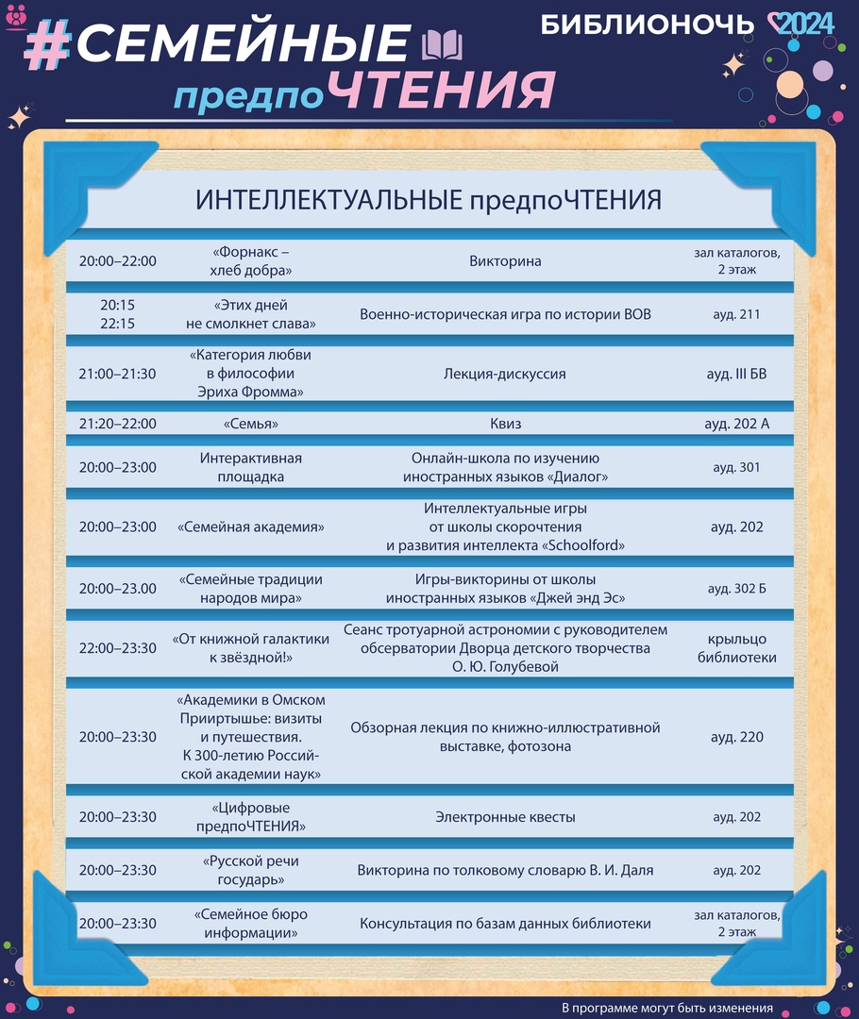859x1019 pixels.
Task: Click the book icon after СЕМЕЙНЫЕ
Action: tap(442, 45)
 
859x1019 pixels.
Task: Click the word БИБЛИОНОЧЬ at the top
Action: tap(647, 25)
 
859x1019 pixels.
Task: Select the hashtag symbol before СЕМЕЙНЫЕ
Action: tap(47, 45)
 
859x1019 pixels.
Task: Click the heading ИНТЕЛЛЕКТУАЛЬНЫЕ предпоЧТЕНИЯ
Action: tap(428, 200)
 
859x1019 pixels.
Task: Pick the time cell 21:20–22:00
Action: tap(118, 424)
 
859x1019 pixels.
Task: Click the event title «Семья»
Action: tap(250, 424)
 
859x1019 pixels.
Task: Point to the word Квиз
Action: tap(505, 424)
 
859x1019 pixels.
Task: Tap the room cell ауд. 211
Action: tap(736, 314)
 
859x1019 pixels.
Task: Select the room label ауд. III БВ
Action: tap(736, 374)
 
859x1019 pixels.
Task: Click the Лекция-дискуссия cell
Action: tap(505, 374)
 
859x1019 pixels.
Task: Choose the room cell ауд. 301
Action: tap(736, 467)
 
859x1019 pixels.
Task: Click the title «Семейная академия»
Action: tap(250, 527)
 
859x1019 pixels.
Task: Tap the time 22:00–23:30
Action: tap(118, 648)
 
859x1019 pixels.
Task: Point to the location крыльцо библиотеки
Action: tap(736, 648)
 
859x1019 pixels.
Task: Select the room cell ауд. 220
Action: tap(736, 737)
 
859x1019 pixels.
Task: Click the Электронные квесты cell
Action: tap(505, 817)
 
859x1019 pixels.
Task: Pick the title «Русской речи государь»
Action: tap(250, 870)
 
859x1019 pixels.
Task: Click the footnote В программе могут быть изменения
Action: tap(667, 1008)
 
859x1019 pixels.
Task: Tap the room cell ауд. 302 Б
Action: tap(736, 589)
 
